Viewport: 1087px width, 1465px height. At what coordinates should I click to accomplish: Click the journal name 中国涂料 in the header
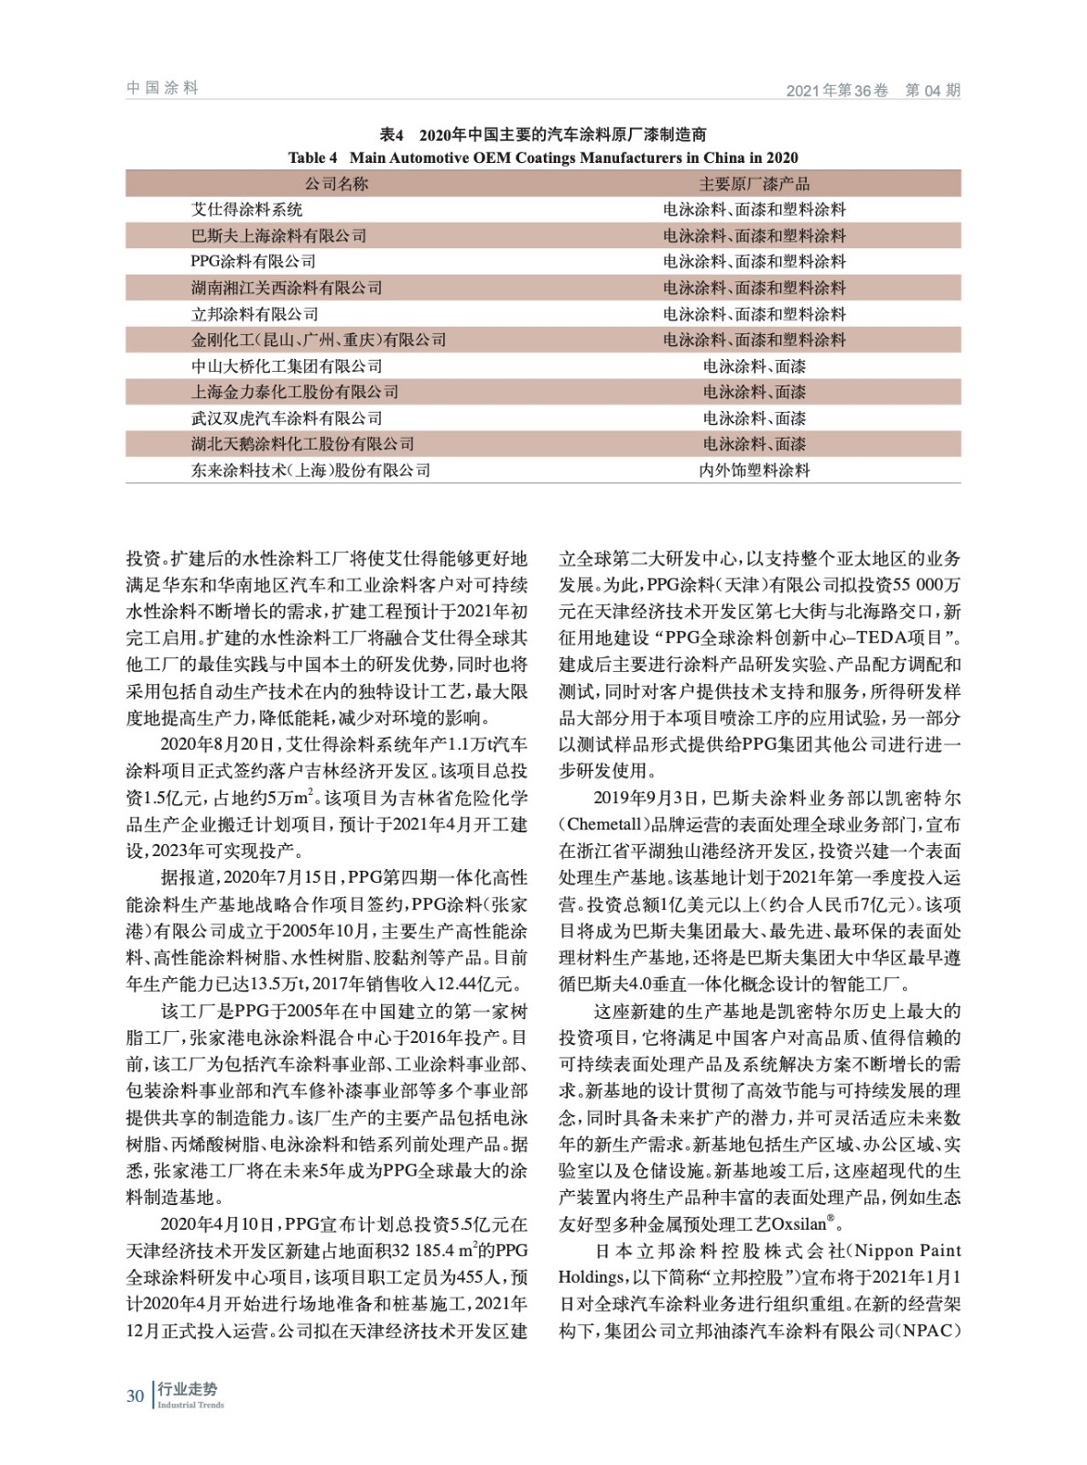[x=162, y=88]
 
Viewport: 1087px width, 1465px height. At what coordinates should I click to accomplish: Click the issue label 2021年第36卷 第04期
[x=873, y=91]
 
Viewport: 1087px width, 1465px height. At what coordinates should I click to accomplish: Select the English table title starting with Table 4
[x=543, y=157]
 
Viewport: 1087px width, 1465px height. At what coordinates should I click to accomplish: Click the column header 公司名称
[x=336, y=183]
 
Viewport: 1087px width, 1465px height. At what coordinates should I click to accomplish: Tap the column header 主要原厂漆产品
[x=754, y=183]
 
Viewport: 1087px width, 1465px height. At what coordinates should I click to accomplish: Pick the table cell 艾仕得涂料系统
[x=246, y=210]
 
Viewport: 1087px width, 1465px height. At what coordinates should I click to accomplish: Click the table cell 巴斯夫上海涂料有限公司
[x=278, y=235]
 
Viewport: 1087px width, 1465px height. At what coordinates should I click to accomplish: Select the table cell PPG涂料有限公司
[x=254, y=262]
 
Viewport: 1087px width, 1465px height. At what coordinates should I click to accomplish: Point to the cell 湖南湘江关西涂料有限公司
[x=287, y=288]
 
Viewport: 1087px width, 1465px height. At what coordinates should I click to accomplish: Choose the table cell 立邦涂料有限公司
[x=255, y=314]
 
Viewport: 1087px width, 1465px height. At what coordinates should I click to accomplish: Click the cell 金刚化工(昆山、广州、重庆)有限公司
[x=318, y=340]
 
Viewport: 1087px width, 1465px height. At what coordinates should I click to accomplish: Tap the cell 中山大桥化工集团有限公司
[x=287, y=366]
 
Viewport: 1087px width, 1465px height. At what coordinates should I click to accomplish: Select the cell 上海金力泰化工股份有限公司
[x=294, y=392]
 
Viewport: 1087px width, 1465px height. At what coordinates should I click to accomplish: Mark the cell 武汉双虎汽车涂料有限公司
[x=287, y=418]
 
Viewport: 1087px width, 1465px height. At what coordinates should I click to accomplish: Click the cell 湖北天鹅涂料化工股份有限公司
[x=302, y=444]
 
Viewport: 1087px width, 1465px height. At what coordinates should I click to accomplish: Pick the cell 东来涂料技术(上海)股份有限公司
[x=310, y=471]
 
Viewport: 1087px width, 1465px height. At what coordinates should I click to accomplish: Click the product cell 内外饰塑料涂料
[x=754, y=471]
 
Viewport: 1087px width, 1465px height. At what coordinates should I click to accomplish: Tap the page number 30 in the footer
[x=136, y=1395]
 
